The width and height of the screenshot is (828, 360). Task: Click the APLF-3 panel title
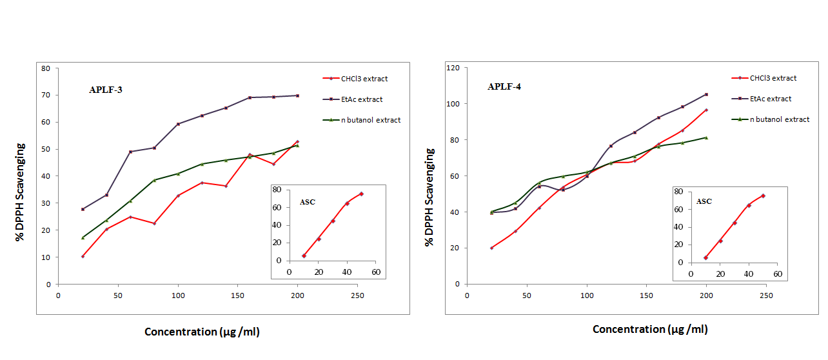pos(106,90)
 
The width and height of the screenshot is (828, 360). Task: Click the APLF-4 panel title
pos(504,86)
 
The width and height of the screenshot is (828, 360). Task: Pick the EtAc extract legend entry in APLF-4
pos(771,99)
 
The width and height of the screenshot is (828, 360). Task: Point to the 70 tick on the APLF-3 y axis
pos(46,95)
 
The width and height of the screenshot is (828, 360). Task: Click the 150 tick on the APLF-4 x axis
pos(646,295)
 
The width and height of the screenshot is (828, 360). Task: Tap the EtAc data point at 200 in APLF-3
pos(297,95)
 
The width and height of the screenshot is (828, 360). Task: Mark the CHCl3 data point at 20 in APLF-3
pos(83,256)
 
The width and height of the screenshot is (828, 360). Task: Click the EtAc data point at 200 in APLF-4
pos(706,94)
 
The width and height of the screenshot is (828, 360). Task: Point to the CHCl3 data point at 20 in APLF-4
pos(491,248)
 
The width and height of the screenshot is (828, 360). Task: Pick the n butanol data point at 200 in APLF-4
pos(706,137)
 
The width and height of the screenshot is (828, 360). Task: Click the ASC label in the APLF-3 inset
pos(308,202)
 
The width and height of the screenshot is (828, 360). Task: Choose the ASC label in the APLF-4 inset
pos(704,201)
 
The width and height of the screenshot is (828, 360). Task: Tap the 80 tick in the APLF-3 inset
pos(277,190)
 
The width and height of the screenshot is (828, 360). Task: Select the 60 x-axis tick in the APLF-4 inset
pos(778,274)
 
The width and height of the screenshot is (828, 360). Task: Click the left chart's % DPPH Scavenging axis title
pos(21,192)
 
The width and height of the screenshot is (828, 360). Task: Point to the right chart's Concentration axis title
pos(650,329)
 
